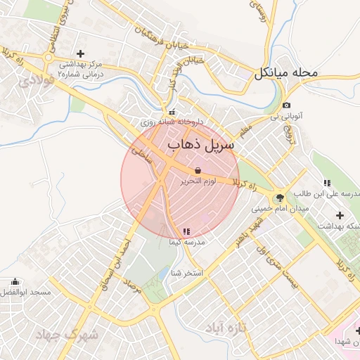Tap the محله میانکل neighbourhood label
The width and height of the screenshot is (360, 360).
[287, 72]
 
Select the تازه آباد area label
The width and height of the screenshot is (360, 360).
[228, 328]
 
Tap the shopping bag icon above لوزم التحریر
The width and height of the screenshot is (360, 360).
[198, 170]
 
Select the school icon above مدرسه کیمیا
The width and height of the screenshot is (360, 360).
[186, 231]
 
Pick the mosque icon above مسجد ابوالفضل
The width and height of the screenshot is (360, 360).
[15, 281]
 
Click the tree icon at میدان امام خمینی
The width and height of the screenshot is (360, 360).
[280, 198]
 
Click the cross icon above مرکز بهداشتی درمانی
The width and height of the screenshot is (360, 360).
[80, 53]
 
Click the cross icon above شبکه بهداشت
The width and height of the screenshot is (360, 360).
[340, 214]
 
